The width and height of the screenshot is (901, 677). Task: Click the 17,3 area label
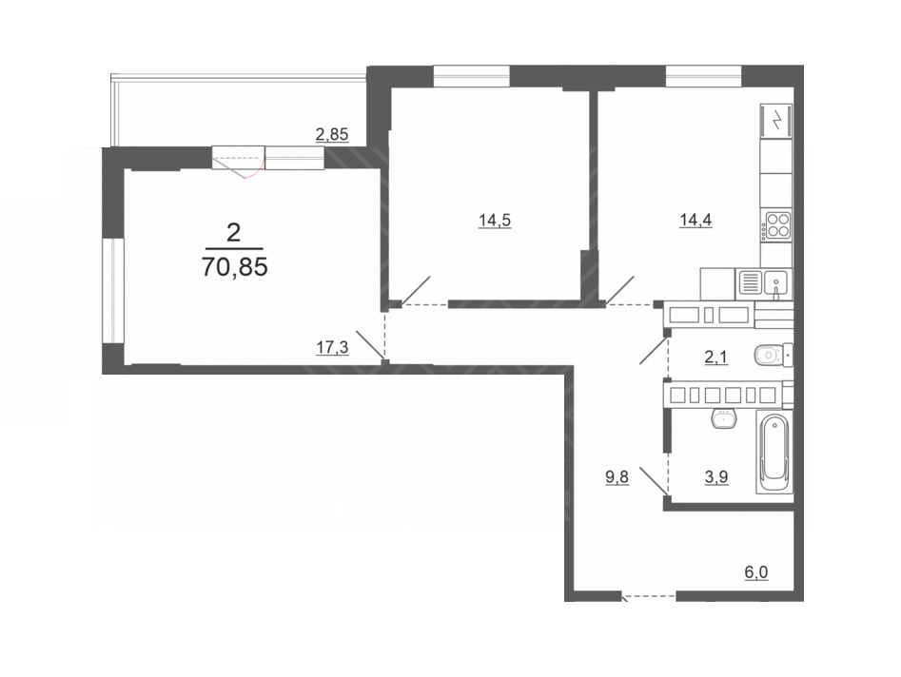point(332,347)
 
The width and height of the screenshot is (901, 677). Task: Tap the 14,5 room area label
point(495,220)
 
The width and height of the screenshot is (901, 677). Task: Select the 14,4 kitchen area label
point(695,220)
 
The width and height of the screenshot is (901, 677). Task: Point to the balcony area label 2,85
point(332,134)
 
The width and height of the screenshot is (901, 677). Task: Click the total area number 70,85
point(234,267)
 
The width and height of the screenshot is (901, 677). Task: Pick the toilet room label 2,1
point(716,358)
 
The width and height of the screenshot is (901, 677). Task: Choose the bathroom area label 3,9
point(716,476)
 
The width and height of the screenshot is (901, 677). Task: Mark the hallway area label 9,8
point(617,477)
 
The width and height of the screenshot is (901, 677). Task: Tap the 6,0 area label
point(756,572)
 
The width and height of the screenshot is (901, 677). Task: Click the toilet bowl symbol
point(774,356)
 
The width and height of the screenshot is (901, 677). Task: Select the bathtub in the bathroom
point(774,452)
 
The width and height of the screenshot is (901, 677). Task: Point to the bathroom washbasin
point(724,417)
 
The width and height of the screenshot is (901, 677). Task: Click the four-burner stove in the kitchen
point(777,224)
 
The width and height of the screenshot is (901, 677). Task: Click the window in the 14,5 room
point(471,76)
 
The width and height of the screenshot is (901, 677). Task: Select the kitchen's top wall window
point(704,76)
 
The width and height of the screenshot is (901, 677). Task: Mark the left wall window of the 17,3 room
point(113,291)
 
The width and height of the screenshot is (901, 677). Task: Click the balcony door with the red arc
point(239,159)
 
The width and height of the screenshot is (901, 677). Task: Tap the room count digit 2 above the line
point(234,233)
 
